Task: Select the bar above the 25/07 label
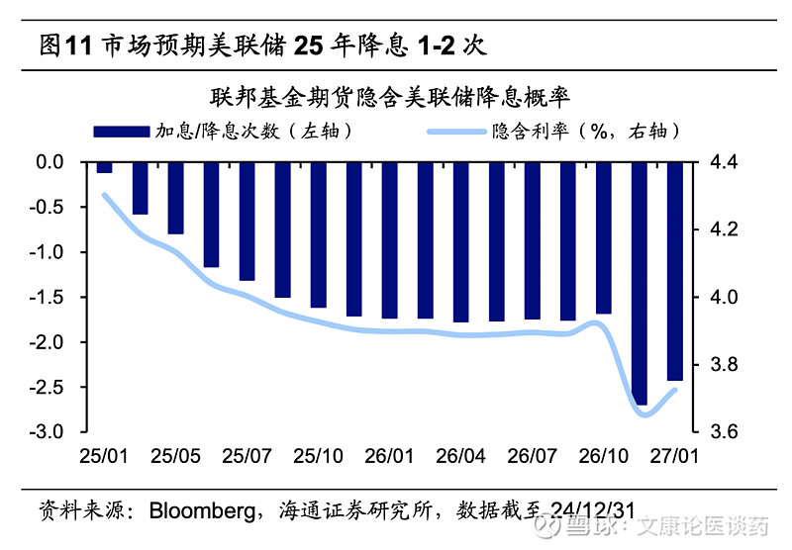pos(247,221)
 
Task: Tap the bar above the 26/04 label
pos(460,241)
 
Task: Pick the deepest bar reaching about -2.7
pos(639,283)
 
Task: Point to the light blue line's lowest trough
pos(645,414)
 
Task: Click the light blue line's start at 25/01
pos(105,195)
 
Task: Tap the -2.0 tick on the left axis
pos(50,342)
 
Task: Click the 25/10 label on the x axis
pos(318,457)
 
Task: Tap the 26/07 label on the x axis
pos(532,457)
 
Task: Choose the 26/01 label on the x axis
pos(389,457)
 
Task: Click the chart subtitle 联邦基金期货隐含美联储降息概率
pos(394,98)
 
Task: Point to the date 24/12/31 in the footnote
pos(590,511)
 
